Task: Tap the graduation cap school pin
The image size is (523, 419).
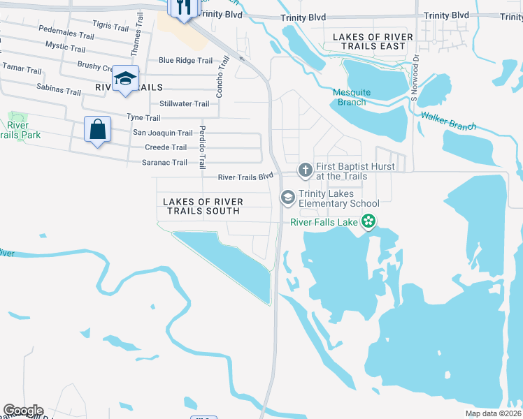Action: [125, 79]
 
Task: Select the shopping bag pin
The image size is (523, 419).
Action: [97, 130]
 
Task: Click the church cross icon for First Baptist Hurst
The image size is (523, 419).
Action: [305, 170]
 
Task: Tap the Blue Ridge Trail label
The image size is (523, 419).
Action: [185, 61]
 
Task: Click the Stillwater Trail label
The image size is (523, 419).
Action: [185, 104]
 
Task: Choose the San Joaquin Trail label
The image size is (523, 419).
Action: [163, 133]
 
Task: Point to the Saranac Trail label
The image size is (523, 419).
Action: [166, 163]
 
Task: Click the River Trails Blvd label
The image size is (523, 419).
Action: [245, 177]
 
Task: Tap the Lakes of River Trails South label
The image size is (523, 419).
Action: [203, 206]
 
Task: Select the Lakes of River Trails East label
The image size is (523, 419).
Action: [368, 41]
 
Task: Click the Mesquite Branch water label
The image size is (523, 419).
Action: [350, 97]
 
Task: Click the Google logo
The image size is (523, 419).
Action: [23, 411]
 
